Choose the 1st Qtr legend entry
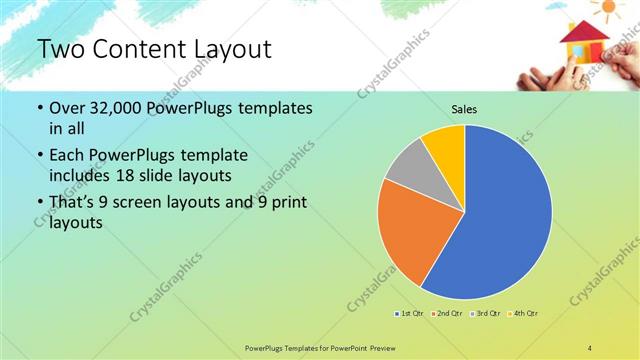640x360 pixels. (x=409, y=314)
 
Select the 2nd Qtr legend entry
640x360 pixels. (x=445, y=314)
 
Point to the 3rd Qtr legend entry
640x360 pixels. (x=484, y=314)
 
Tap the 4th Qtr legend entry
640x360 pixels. (x=523, y=314)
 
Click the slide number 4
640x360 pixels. (x=590, y=346)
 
